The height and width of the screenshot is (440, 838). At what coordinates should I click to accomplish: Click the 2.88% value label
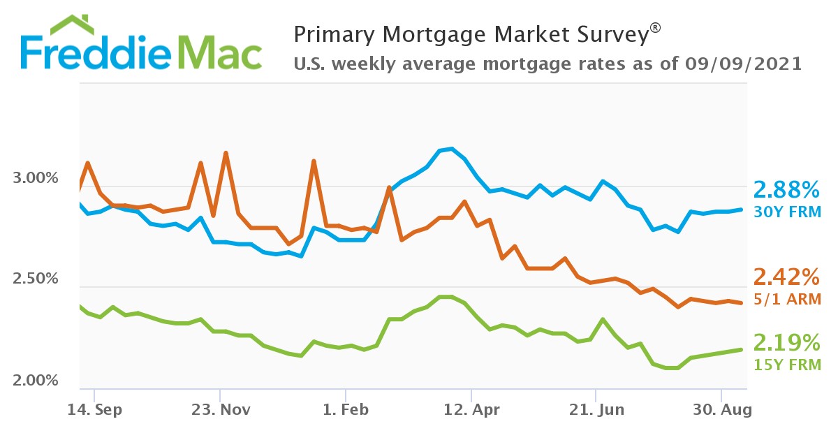tap(786, 190)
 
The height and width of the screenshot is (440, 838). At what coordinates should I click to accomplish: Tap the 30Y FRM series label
tap(786, 211)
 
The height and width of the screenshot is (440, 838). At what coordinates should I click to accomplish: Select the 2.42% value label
tap(786, 278)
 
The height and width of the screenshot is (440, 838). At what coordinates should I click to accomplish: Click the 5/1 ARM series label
tap(786, 299)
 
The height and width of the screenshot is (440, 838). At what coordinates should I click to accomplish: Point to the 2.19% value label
tap(786, 343)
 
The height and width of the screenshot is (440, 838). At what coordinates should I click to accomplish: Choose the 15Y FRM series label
tap(786, 364)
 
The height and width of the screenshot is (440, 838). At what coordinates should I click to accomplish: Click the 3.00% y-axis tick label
tap(36, 178)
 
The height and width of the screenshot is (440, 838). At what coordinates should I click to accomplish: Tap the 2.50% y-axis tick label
tap(36, 279)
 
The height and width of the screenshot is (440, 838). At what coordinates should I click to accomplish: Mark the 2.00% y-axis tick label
tap(36, 381)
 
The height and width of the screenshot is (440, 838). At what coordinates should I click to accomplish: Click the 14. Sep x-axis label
tap(95, 410)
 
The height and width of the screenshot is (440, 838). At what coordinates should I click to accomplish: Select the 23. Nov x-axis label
tap(221, 410)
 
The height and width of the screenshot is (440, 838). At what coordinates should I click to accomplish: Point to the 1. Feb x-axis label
tap(346, 410)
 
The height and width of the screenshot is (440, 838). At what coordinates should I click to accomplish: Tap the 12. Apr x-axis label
tap(472, 410)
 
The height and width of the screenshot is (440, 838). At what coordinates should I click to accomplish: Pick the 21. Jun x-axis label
tap(597, 410)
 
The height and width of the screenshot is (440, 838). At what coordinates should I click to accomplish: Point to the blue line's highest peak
tap(451, 149)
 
